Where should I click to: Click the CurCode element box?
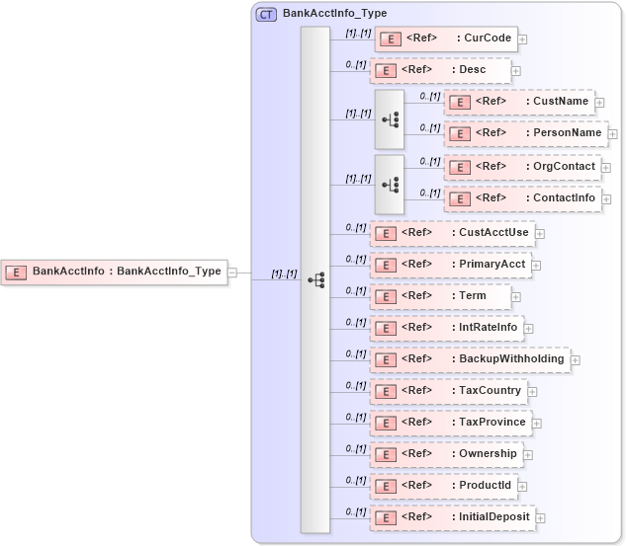(445, 39)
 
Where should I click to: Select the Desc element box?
(440, 70)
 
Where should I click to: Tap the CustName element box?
(518, 101)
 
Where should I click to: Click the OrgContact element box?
(521, 166)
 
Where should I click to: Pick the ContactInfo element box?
(521, 197)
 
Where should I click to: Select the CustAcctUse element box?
(451, 233)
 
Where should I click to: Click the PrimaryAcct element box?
(450, 265)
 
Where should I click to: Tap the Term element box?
(440, 296)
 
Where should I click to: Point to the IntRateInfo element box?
(445, 328)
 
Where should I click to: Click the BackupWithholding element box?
(470, 359)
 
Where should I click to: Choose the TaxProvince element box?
(450, 423)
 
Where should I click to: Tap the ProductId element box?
(442, 486)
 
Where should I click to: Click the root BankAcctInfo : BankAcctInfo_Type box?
(115, 272)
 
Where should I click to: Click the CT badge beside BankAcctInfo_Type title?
(265, 14)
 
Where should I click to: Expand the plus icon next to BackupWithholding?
(576, 360)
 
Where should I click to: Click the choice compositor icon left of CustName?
(390, 118)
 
